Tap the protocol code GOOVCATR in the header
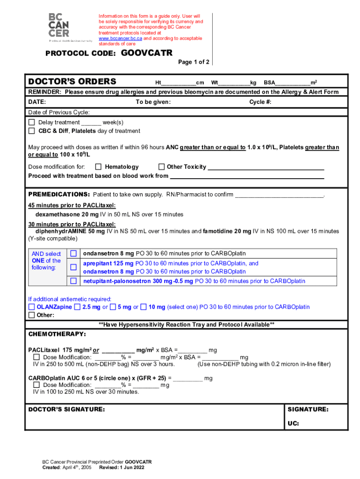point(147,53)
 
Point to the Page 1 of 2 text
point(194,62)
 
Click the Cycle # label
point(260,102)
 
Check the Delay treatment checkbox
point(32,123)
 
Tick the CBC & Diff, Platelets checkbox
point(32,131)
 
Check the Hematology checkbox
point(98,167)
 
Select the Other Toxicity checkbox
point(161,167)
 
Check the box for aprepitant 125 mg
point(73,268)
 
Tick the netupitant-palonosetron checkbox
point(73,281)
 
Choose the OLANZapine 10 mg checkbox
point(144,307)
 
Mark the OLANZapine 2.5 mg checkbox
point(77,307)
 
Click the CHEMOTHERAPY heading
point(57,334)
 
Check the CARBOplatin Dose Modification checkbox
point(36,385)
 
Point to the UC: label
point(293,424)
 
